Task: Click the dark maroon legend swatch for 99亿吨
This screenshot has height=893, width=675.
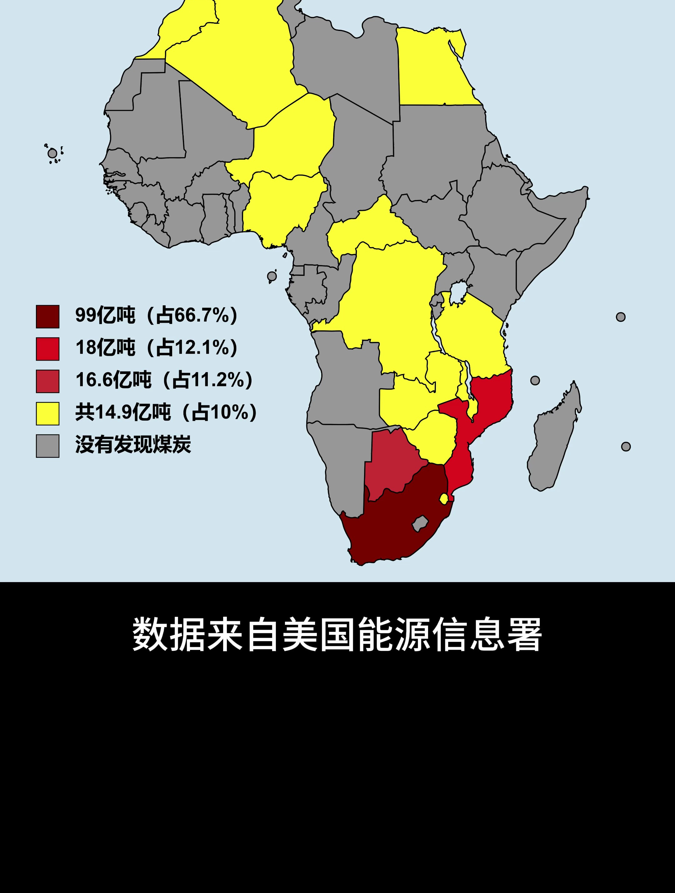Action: (47, 317)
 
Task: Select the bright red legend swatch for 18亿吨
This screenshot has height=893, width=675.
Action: (47, 349)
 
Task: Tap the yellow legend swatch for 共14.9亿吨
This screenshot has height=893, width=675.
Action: (47, 413)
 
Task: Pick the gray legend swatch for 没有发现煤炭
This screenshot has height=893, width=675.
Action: (47, 446)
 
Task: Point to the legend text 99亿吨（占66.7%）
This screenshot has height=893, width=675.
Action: (157, 315)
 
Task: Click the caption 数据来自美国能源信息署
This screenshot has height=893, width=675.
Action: (337, 634)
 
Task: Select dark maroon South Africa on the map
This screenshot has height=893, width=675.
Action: (387, 529)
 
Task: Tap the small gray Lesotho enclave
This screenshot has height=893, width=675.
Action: (420, 524)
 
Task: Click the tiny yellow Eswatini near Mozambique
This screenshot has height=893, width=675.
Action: (444, 499)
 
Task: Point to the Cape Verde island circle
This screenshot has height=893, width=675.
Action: (52, 153)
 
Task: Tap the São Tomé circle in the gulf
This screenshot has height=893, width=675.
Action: (272, 276)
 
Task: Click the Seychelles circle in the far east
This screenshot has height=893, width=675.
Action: (621, 317)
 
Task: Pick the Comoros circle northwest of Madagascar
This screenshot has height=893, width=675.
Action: (535, 380)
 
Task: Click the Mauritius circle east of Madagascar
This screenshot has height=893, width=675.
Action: (626, 446)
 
